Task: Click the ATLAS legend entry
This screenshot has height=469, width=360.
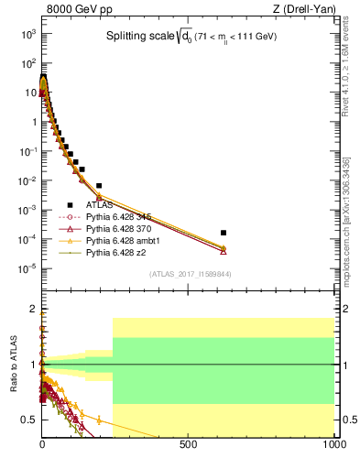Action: click(x=100, y=205)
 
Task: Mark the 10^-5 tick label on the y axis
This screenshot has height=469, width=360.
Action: click(x=27, y=268)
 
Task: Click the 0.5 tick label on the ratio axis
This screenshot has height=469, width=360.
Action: click(x=28, y=420)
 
